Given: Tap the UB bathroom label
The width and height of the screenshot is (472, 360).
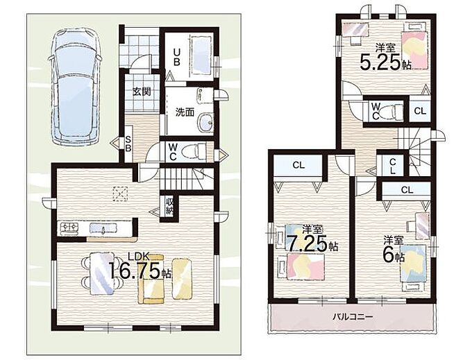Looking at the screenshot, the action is (x=177, y=57).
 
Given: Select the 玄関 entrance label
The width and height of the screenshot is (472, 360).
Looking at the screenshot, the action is (x=142, y=92).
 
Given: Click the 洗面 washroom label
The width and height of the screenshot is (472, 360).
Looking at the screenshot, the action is (x=185, y=112).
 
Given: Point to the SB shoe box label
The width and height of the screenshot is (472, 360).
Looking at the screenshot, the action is (x=128, y=144).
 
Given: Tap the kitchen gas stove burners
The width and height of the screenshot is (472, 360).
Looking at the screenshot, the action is (x=70, y=228).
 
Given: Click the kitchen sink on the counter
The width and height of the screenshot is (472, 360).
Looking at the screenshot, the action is (x=103, y=228).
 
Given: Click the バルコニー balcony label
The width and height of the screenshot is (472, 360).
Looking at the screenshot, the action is (x=353, y=317).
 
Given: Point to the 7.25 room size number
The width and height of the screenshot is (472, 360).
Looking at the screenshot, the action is (x=306, y=243).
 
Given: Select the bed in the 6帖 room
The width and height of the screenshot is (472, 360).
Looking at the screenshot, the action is (x=413, y=264).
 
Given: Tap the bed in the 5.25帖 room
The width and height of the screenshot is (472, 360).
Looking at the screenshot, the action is (x=414, y=50).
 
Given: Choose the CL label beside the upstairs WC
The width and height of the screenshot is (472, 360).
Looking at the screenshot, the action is (x=420, y=111).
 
